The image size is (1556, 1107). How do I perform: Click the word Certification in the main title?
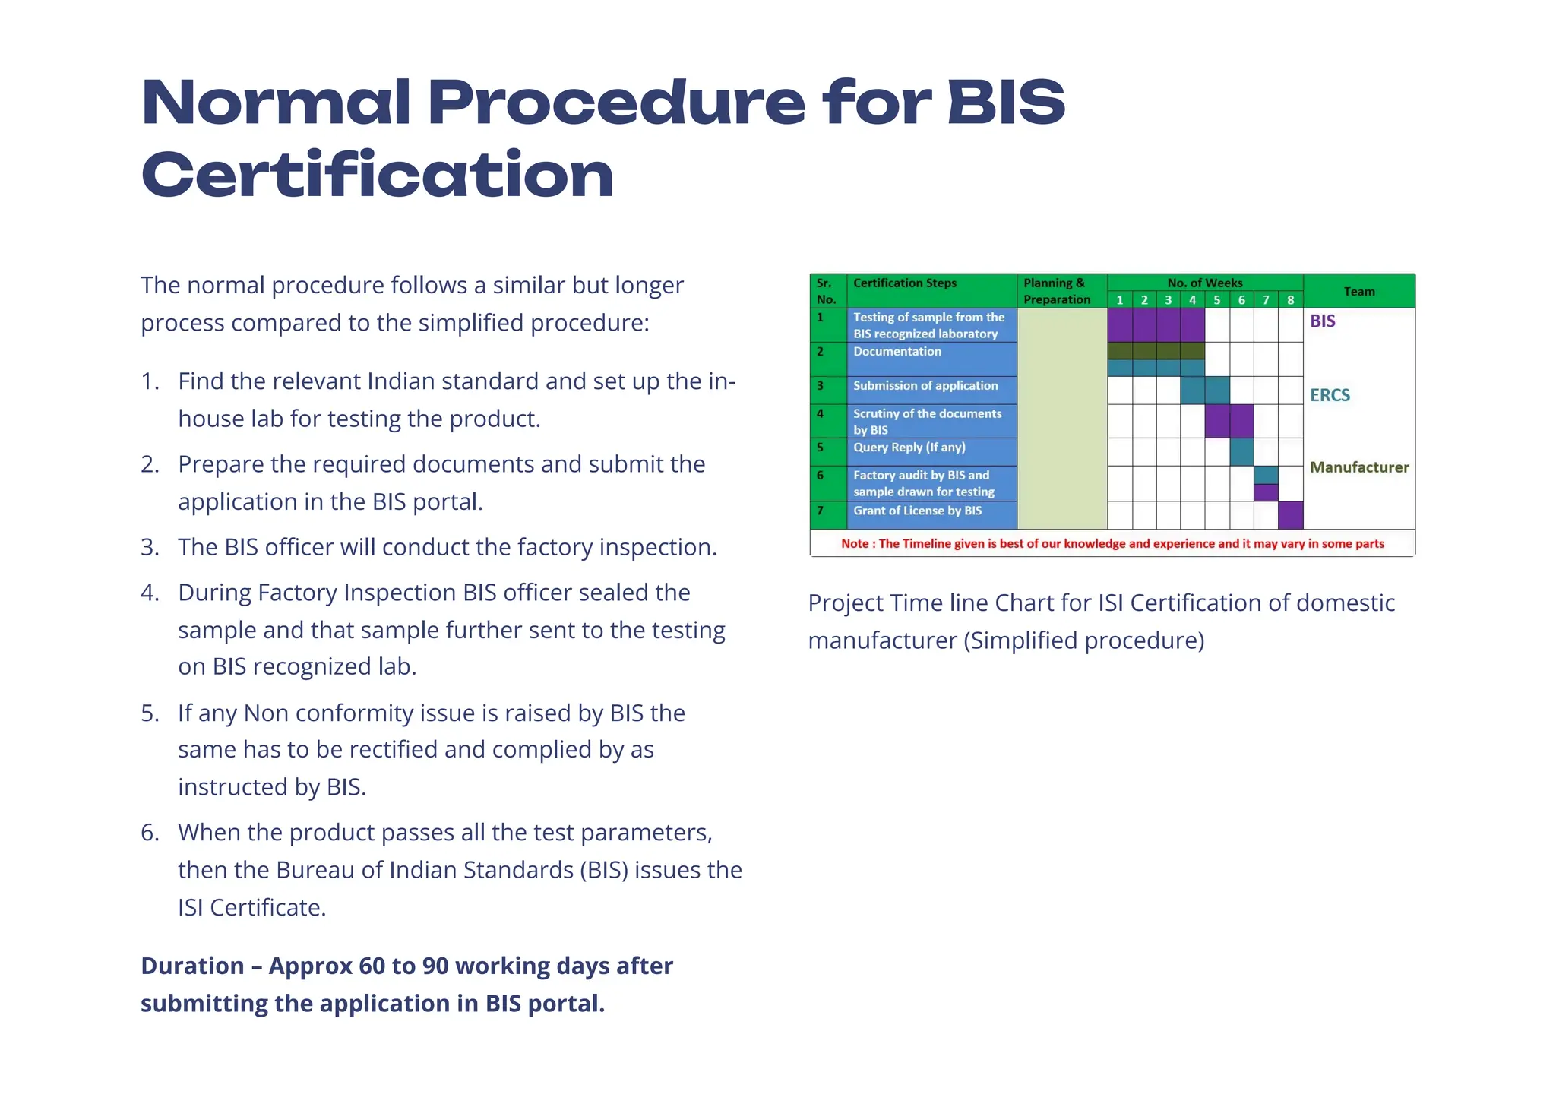[x=378, y=176]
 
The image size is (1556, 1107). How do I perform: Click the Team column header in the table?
[x=1358, y=291]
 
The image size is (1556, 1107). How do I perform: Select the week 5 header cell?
[x=1216, y=300]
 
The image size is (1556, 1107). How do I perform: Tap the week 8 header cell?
[x=1290, y=300]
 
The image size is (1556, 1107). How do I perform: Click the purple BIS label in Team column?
[x=1322, y=321]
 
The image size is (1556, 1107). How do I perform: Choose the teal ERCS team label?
[x=1330, y=395]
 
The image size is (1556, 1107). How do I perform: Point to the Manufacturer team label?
[x=1358, y=467]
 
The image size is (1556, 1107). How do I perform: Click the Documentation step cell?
[x=897, y=352]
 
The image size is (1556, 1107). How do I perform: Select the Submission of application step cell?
[x=925, y=386]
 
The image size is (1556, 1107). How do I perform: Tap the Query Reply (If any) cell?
[x=909, y=448]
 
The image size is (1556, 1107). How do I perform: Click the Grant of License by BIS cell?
[x=917, y=511]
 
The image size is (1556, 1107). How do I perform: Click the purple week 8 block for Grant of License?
[x=1290, y=515]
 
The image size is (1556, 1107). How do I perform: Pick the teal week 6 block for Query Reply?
[x=1241, y=452]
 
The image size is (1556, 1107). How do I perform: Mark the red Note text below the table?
[x=1112, y=544]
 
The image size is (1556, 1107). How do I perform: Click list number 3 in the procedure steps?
[x=150, y=547]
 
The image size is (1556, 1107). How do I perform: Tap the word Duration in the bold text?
[x=192, y=966]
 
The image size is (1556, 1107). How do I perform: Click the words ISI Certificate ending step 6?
[x=251, y=907]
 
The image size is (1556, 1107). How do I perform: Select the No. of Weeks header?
[x=1205, y=283]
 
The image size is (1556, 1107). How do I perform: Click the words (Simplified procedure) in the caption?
[x=1083, y=640]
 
